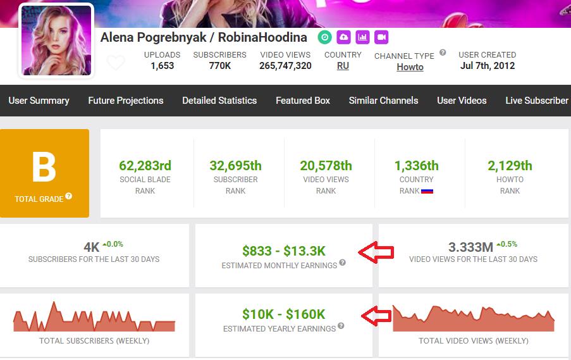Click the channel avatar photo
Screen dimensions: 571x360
pos(56,40)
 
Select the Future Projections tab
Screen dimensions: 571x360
pos(126,101)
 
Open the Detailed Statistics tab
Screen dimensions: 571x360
pos(219,101)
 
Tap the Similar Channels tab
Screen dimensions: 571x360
pos(383,101)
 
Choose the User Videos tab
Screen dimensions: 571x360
pos(462,101)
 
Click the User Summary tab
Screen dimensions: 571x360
pos(39,101)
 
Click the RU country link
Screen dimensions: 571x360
pos(343,66)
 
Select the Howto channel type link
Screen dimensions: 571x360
pos(410,67)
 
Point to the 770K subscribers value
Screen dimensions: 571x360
pos(220,66)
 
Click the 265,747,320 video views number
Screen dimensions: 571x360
pos(286,66)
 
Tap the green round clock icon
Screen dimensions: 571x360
pos(325,37)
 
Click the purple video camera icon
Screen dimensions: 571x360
pos(381,37)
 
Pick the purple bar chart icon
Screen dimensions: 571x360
pos(362,37)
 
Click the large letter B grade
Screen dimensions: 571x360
pos(44,167)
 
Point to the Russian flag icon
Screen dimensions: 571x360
pos(427,191)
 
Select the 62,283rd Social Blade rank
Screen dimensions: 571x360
pos(145,166)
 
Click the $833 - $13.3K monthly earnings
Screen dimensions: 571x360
pos(284,251)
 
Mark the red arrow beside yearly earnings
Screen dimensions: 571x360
pos(376,316)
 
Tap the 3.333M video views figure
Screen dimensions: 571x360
pos(471,247)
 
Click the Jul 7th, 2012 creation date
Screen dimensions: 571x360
pos(488,66)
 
